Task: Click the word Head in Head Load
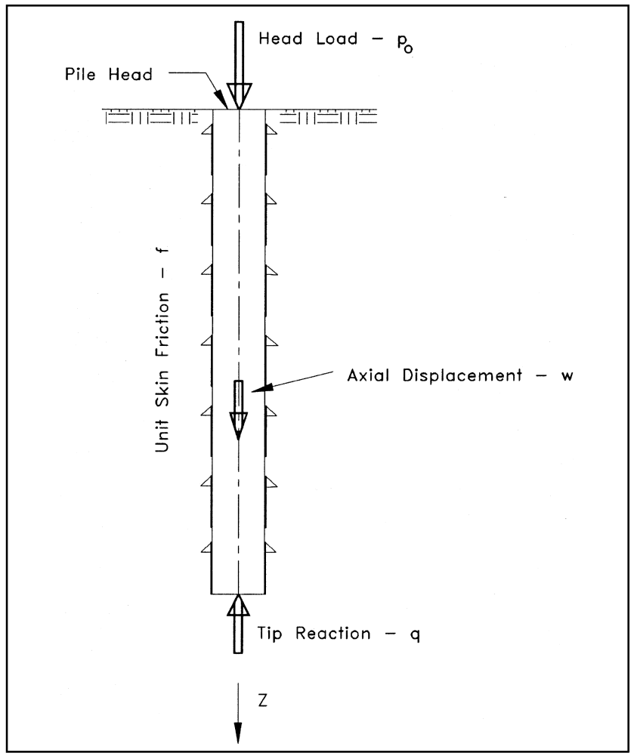[x=281, y=39]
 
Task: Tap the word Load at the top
[x=337, y=39]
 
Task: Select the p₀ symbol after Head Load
[x=405, y=44]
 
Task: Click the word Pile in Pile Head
[x=81, y=74]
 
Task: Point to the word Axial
[x=368, y=375]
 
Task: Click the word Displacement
[x=462, y=375]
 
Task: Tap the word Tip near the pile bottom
[x=269, y=634]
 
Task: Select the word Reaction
[x=333, y=633]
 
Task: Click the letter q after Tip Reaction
[x=414, y=635]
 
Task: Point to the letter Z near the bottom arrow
[x=262, y=700]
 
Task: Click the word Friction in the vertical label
[x=162, y=324]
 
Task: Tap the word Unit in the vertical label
[x=162, y=436]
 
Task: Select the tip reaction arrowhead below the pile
[x=238, y=605]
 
